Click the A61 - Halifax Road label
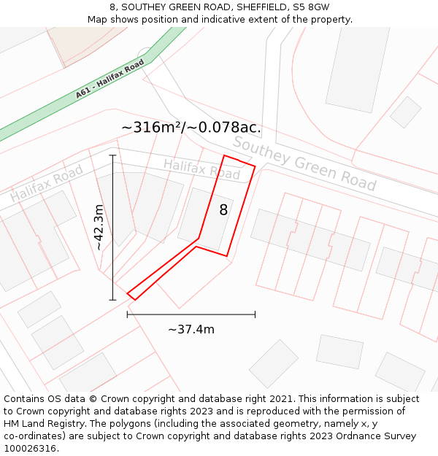point(110,80)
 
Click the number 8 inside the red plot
point(223,210)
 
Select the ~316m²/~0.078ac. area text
point(191,128)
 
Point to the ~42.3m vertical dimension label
point(99,227)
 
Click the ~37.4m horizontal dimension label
point(191,329)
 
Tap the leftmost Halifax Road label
point(46,184)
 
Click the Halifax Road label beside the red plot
point(201,169)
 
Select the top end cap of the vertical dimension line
point(112,155)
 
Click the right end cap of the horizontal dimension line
point(255,314)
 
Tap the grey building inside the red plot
point(205,218)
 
